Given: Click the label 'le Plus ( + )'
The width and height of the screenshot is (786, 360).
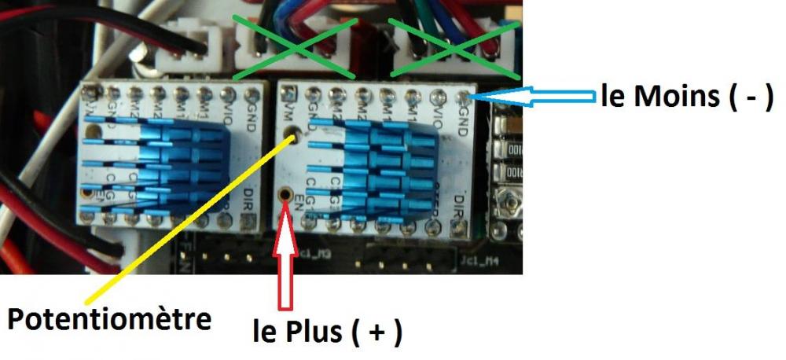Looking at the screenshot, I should pyautogui.click(x=327, y=331).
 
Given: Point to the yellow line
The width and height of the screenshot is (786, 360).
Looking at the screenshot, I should pyautogui.click(x=189, y=220).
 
